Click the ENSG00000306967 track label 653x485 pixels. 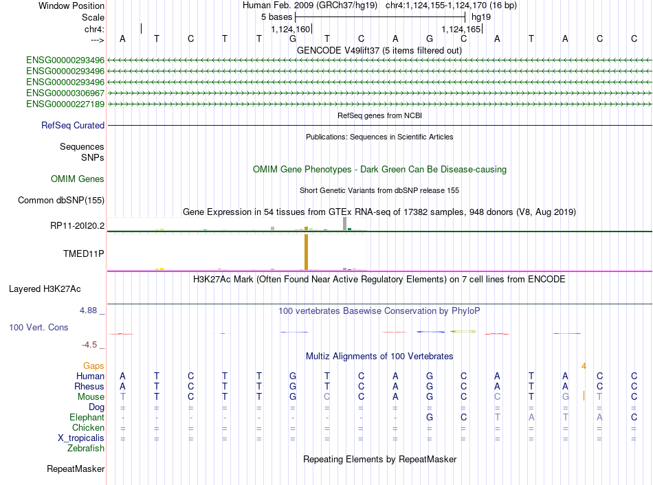(65, 93)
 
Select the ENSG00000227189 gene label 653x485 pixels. (65, 104)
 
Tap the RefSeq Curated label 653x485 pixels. (73, 125)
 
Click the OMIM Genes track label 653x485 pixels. (78, 179)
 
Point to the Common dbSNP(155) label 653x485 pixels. (61, 200)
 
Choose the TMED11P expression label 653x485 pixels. (83, 253)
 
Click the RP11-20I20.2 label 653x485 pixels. (78, 225)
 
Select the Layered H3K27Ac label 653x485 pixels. (45, 289)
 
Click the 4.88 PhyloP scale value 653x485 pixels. (88, 311)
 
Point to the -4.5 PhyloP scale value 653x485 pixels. (89, 345)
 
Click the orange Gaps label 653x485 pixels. (93, 365)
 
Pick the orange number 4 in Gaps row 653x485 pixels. (584, 366)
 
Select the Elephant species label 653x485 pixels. (87, 417)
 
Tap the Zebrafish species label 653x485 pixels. (86, 449)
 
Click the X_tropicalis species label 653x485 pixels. (81, 438)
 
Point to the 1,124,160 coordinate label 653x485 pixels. (291, 29)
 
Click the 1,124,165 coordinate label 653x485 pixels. (461, 29)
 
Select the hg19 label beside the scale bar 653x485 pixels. (481, 17)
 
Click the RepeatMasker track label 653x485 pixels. (76, 469)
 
